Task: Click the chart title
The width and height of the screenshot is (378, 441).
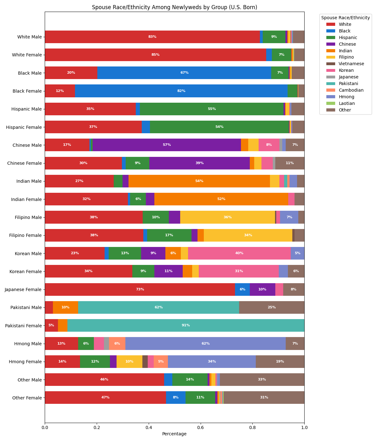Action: tap(174, 7)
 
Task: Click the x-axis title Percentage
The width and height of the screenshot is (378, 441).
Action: tap(174, 434)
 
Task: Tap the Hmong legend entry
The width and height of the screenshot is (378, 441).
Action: tap(346, 97)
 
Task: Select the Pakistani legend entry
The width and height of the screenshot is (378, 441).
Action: tap(348, 83)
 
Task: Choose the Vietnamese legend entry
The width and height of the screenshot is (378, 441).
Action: tap(351, 64)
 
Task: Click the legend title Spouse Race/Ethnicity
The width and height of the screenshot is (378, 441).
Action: tap(345, 18)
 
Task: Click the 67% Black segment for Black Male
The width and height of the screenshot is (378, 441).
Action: tap(184, 73)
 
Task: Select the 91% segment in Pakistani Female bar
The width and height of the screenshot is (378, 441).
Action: tap(186, 325)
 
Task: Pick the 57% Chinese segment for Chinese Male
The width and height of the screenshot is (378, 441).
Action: tap(167, 145)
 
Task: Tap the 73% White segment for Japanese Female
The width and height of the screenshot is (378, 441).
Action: tap(140, 289)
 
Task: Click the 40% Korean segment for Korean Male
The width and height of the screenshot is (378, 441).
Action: tap(239, 253)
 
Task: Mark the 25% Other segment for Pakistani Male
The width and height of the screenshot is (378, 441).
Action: tap(272, 307)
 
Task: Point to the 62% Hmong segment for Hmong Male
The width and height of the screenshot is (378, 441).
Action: tap(205, 343)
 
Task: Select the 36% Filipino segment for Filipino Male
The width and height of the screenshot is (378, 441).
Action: tap(227, 217)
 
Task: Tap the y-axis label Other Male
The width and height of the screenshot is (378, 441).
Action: tap(30, 380)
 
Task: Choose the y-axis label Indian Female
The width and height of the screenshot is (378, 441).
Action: tap(26, 199)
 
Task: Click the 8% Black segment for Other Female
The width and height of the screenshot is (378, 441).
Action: tap(176, 398)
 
